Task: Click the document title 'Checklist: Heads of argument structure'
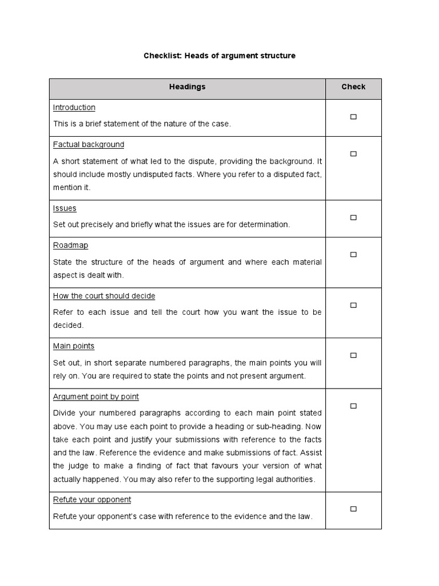[x=219, y=56]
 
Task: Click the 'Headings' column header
[x=187, y=87]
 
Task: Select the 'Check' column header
[x=353, y=87]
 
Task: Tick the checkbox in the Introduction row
[x=353, y=117]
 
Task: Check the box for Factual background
[x=353, y=154]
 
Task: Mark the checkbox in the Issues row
[x=353, y=217]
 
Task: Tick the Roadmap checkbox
[x=353, y=255]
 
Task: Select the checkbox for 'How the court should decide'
[x=353, y=305]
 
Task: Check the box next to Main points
[x=353, y=355]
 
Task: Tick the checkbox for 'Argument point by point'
[x=353, y=406]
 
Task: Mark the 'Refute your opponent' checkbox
[x=353, y=509]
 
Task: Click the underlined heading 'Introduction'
[x=74, y=108]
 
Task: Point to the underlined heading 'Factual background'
[x=89, y=145]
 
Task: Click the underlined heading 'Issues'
[x=65, y=208]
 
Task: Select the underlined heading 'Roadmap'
[x=71, y=246]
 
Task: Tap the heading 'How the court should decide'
[x=104, y=296]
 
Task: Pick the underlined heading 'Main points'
[x=74, y=346]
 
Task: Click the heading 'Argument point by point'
[x=96, y=397]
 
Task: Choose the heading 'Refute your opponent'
[x=92, y=500]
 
